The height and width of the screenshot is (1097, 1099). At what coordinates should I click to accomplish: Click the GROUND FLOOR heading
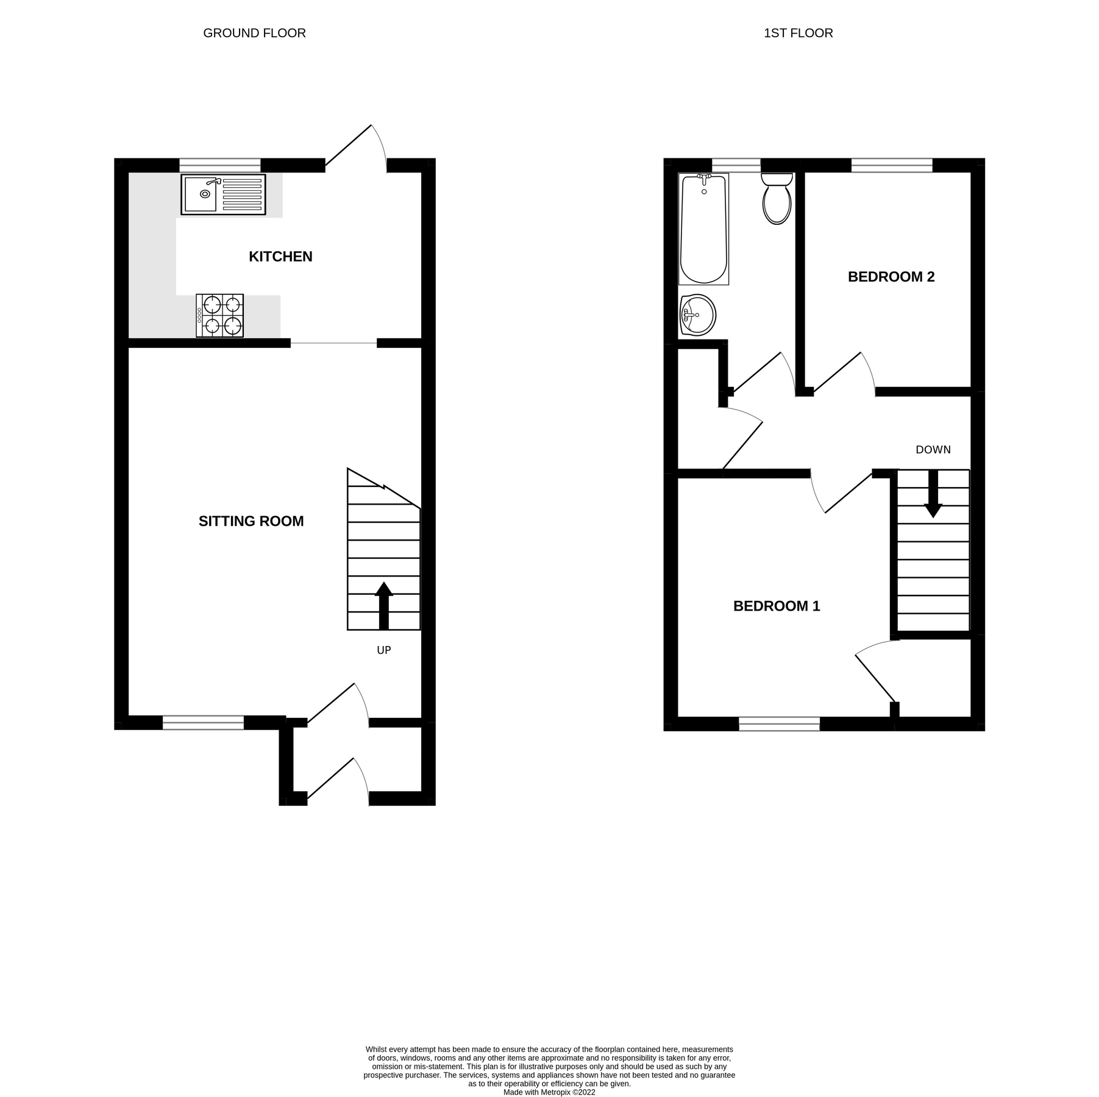click(x=254, y=34)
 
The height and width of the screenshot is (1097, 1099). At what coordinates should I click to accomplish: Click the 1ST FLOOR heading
click(x=798, y=34)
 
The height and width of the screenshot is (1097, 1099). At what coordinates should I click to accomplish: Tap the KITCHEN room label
click(x=280, y=257)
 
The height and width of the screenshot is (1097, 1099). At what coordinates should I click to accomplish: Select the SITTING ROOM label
click(x=251, y=521)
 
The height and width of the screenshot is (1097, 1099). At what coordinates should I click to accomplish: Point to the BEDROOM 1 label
click(x=776, y=606)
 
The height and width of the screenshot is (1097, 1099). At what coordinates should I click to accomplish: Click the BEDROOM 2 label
click(x=891, y=277)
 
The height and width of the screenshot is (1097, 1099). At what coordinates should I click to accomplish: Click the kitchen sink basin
click(x=201, y=194)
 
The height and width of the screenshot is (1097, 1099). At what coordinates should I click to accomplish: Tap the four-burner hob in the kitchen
click(x=220, y=316)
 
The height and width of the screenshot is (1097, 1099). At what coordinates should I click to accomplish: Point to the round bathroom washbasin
click(x=697, y=315)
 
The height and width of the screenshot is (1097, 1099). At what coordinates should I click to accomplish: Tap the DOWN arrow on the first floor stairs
click(x=933, y=494)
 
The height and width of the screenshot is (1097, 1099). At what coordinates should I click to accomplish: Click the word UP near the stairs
click(x=383, y=650)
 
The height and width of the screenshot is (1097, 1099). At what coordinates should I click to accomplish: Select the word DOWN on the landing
click(x=933, y=450)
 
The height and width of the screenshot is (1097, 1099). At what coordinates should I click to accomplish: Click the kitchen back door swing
click(x=357, y=146)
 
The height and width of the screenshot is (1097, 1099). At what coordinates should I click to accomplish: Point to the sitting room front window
click(x=203, y=723)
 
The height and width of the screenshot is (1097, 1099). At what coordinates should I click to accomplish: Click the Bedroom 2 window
click(x=891, y=165)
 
